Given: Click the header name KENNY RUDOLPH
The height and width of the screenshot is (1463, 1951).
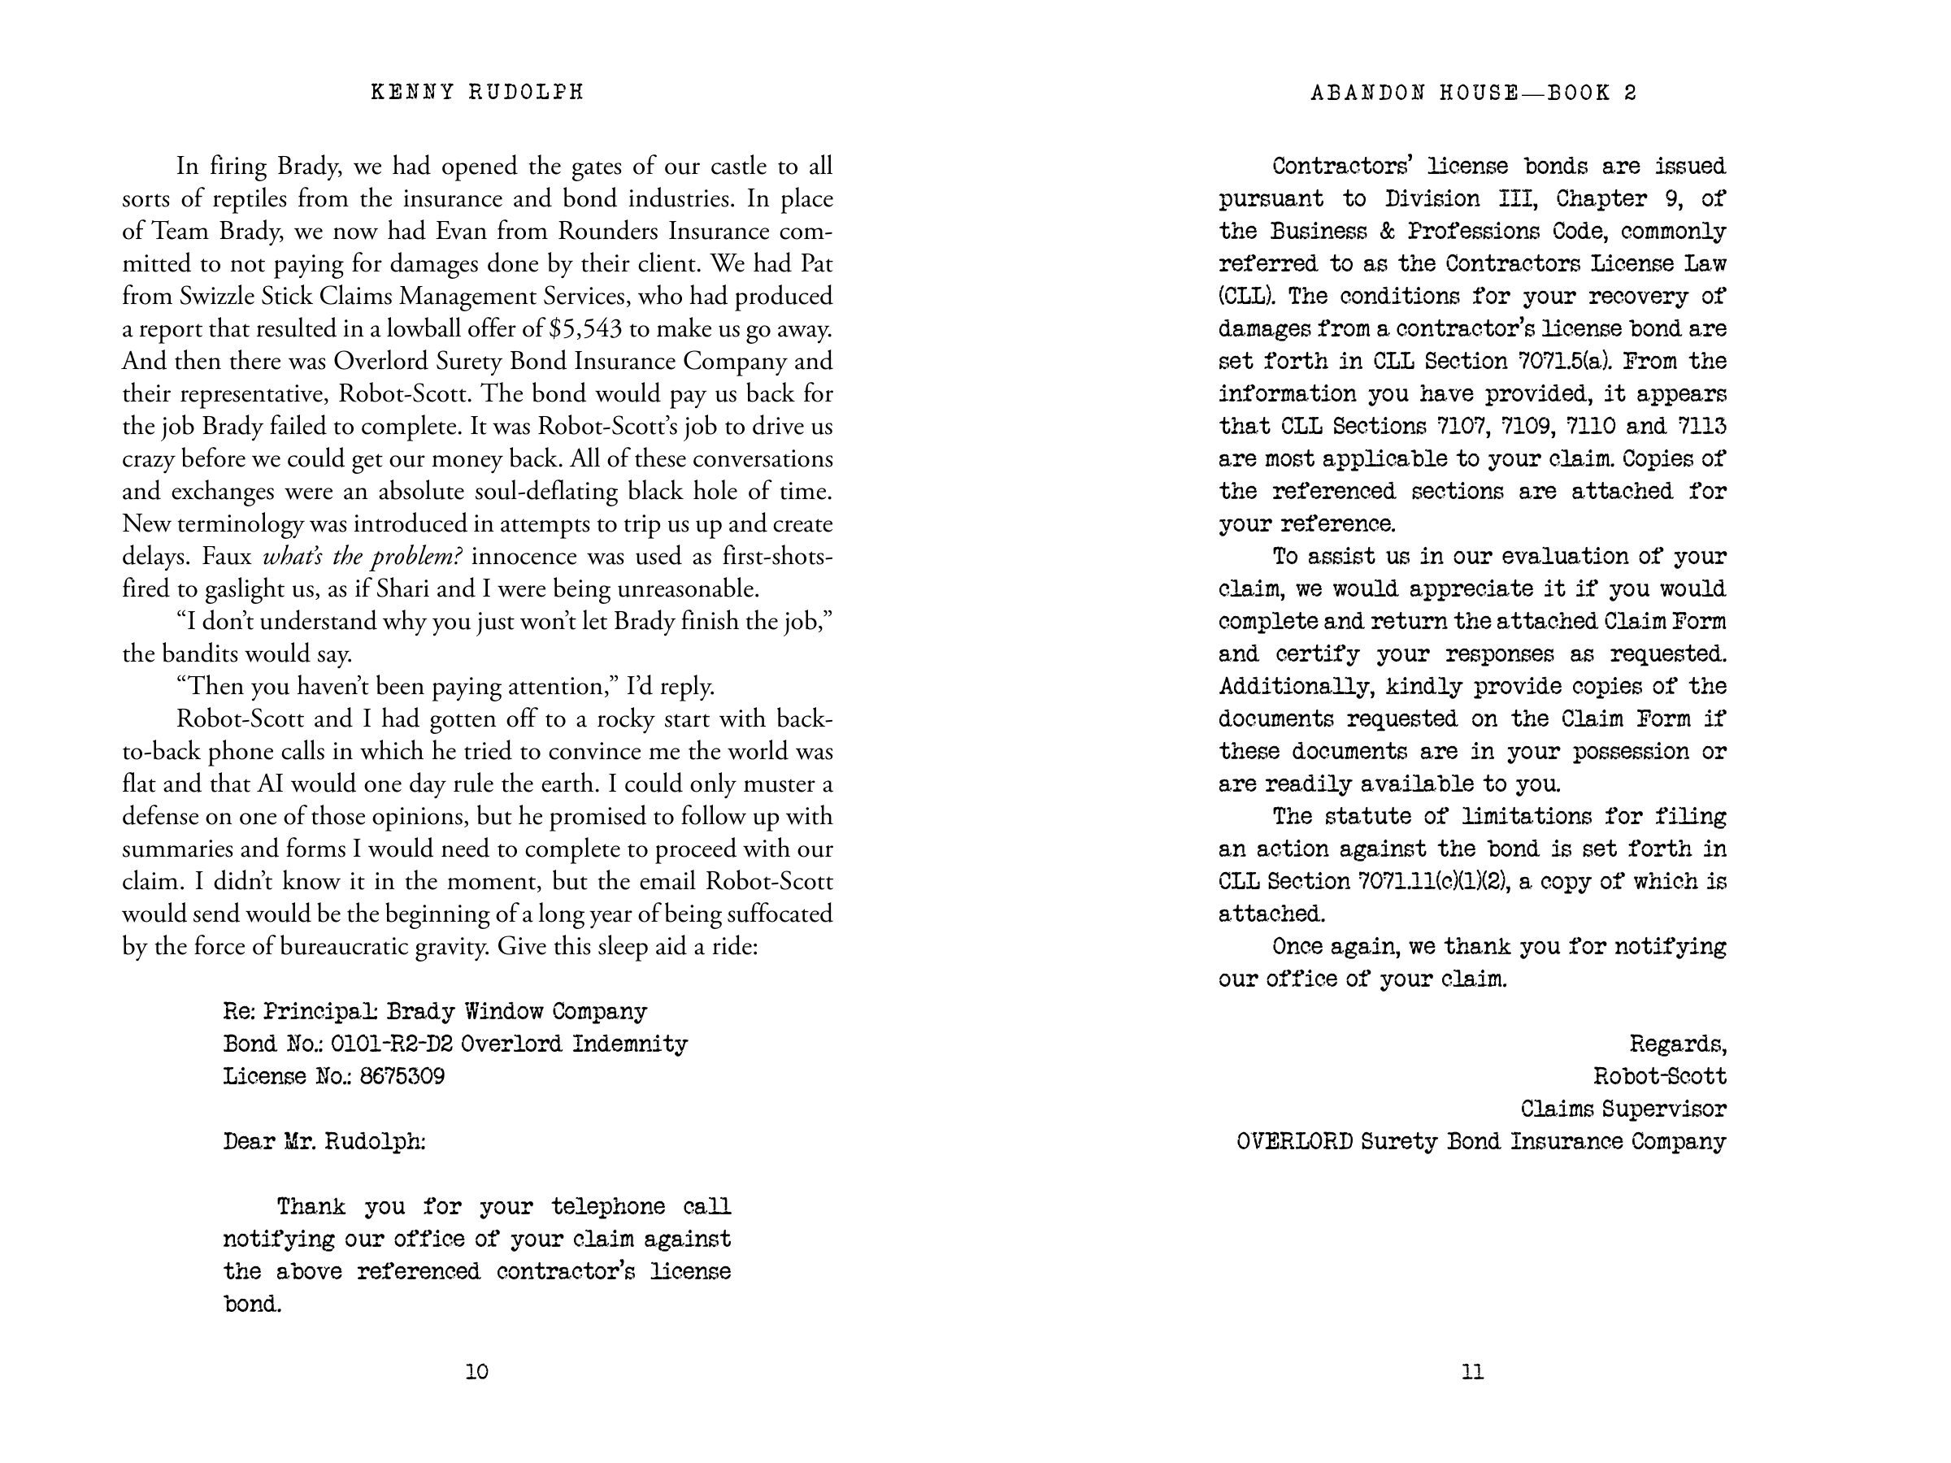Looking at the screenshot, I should [x=477, y=93].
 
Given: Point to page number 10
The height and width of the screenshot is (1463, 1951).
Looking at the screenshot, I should [x=476, y=1371].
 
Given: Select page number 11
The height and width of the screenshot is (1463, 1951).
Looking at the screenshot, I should [x=1472, y=1371].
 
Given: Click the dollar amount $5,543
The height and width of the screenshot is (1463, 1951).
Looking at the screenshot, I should [x=584, y=329].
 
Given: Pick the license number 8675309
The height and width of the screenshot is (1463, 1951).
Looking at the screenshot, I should [x=402, y=1077].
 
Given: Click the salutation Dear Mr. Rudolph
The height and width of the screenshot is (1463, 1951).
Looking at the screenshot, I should [x=324, y=1142].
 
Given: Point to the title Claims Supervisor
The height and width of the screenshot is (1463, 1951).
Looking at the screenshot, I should [x=1623, y=1109].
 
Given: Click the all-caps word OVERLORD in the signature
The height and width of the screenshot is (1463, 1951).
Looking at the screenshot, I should [x=1294, y=1142].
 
